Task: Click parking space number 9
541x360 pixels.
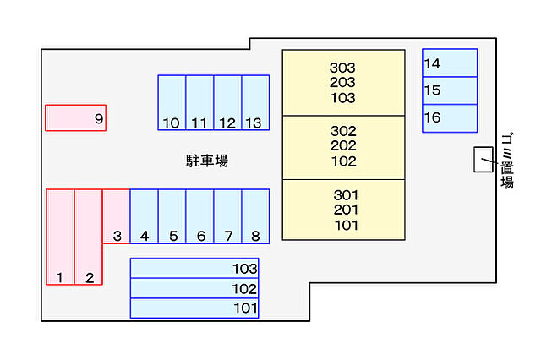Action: tap(75, 118)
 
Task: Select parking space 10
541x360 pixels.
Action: tap(172, 103)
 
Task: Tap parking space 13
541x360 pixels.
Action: tap(255, 103)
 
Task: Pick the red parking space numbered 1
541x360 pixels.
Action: tap(60, 237)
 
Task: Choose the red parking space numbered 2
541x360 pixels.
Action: tap(89, 237)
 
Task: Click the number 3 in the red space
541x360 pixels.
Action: tap(117, 236)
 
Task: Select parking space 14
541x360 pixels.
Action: tap(450, 63)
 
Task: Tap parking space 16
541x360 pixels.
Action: tap(450, 118)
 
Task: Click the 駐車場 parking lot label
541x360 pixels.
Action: tap(207, 161)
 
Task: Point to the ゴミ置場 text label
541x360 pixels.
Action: tap(507, 161)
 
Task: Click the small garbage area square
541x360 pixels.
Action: tap(483, 160)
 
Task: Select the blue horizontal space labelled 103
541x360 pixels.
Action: tap(194, 269)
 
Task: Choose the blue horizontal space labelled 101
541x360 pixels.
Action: tap(194, 308)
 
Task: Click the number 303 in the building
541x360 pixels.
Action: tap(343, 68)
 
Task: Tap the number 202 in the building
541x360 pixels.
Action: tap(344, 146)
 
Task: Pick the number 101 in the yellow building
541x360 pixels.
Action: tap(346, 225)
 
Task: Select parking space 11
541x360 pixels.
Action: tap(199, 103)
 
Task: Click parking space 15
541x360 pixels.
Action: tap(450, 90)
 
